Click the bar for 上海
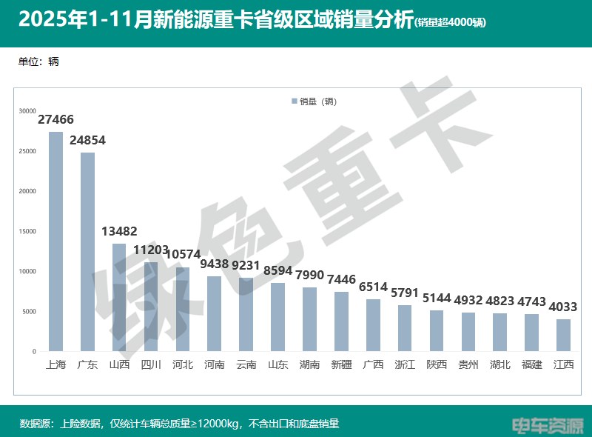pyautogui.click(x=55, y=241)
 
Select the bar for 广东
pyautogui.click(x=87, y=252)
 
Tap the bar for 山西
pyautogui.click(x=119, y=297)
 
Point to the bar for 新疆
pyautogui.click(x=341, y=321)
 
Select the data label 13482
pyautogui.click(x=119, y=232)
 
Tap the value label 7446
pyautogui.click(x=341, y=279)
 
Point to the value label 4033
pyautogui.click(x=563, y=307)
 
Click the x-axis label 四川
pyautogui.click(x=151, y=364)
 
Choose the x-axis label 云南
pyautogui.click(x=246, y=364)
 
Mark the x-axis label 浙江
pyautogui.click(x=405, y=364)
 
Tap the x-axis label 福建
pyautogui.click(x=531, y=364)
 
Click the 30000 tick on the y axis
pyautogui.click(x=27, y=111)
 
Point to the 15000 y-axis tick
pyautogui.click(x=27, y=231)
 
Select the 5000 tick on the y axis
pyautogui.click(x=27, y=311)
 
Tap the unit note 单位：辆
pyautogui.click(x=38, y=61)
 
